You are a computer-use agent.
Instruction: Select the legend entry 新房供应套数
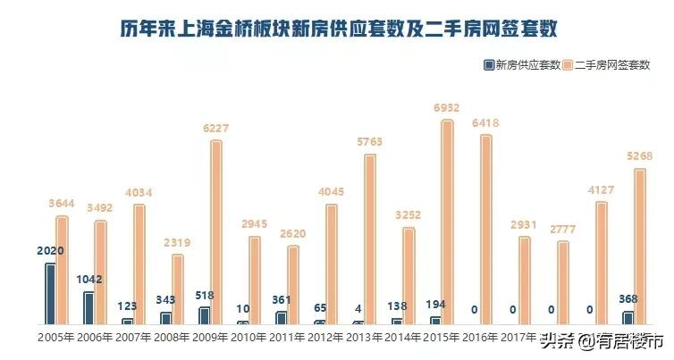click(522, 64)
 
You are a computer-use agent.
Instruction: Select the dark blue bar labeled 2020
click(50, 294)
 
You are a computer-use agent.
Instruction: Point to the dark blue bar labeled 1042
click(88, 308)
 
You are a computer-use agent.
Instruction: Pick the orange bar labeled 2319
click(178, 289)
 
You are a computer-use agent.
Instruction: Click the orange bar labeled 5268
click(639, 247)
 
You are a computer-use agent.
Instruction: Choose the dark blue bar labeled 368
click(628, 318)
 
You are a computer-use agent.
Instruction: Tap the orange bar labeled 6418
click(485, 230)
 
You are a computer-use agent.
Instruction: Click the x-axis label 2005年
click(55, 338)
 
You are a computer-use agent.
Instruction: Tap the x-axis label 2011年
click(286, 338)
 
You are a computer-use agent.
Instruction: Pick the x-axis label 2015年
click(441, 338)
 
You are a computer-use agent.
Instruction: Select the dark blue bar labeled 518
click(204, 315)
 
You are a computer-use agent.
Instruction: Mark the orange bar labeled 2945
click(255, 280)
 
